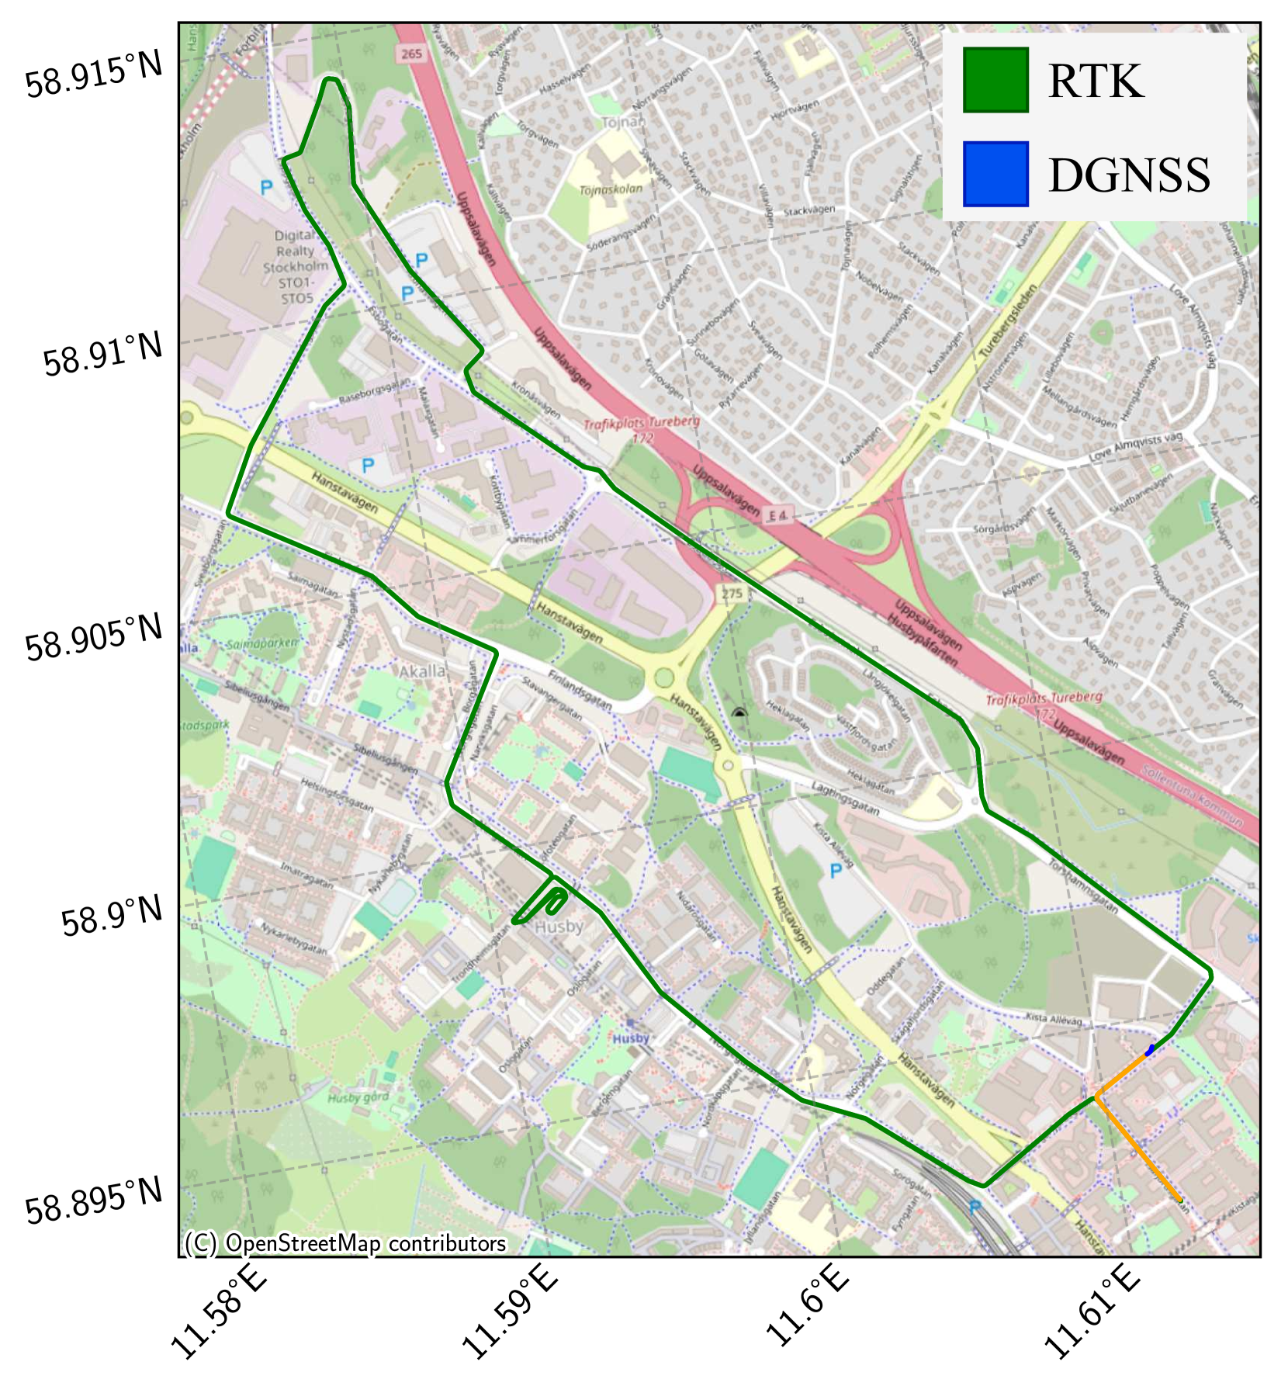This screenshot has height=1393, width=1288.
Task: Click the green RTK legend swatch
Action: [x=995, y=80]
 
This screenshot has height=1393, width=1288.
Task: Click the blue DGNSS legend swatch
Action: [x=995, y=174]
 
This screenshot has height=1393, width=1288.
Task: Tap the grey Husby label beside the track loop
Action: [x=559, y=927]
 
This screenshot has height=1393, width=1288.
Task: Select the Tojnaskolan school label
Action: [x=611, y=189]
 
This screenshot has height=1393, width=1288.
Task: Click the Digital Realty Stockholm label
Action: [x=296, y=266]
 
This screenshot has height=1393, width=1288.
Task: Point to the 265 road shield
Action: [x=412, y=54]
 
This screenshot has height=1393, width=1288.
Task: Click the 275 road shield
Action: [x=732, y=594]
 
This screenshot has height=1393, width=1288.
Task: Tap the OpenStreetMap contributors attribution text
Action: [x=345, y=1244]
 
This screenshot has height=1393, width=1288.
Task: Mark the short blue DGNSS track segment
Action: [x=1150, y=1049]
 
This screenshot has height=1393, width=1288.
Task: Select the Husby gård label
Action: [x=358, y=1097]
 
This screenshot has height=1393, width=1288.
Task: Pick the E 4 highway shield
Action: [x=778, y=515]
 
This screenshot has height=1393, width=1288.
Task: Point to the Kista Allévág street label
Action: [x=1054, y=1018]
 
